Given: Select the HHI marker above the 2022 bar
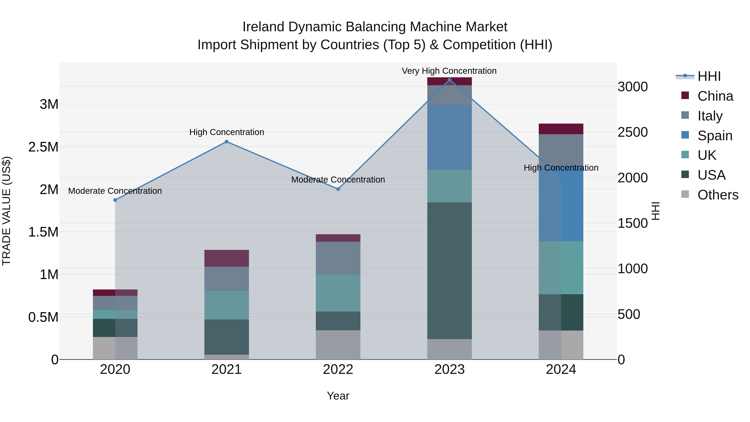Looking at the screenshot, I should coord(338,189).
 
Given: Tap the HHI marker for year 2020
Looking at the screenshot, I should coord(115,200).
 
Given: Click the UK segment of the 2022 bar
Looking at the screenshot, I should coord(338,293).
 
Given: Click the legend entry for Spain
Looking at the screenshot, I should coord(715,136).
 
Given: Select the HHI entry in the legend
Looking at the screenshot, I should coord(709,76).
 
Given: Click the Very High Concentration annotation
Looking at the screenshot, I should coord(449,71).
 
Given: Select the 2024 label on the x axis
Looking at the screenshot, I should coord(561,369).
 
